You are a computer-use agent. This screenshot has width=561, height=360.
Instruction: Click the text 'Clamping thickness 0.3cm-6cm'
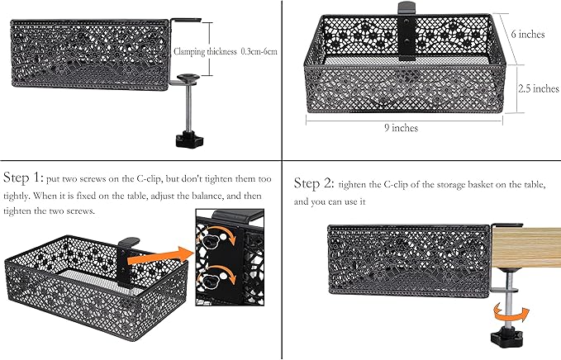pos(226,51)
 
